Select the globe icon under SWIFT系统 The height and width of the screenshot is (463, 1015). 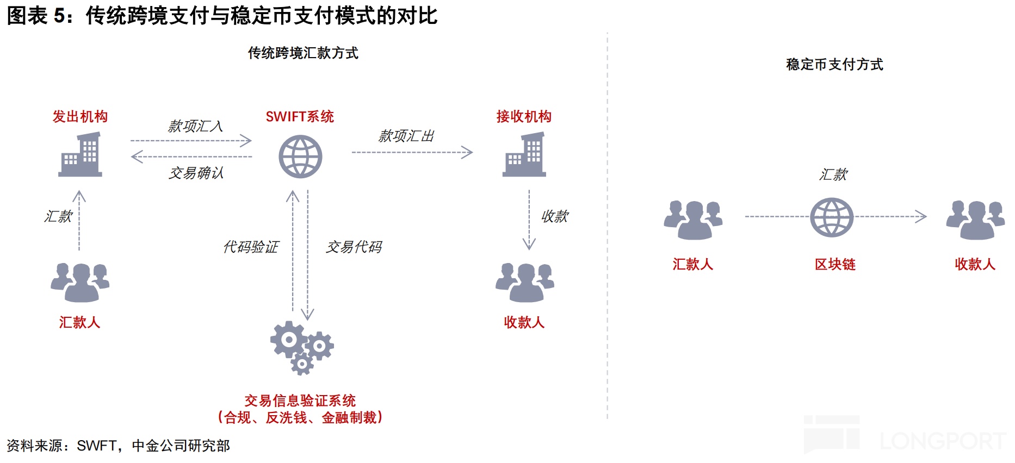coord(300,157)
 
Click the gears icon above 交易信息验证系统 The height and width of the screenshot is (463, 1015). coord(301,347)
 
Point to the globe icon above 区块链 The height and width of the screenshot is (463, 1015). coord(832,217)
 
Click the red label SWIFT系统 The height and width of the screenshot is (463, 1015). coord(300,116)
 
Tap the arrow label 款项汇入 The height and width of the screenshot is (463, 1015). coord(195,126)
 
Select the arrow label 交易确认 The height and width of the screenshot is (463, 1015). coord(196,173)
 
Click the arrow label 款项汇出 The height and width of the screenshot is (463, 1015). coord(406,136)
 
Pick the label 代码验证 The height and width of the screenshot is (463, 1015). coord(251,247)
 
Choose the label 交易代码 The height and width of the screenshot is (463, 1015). coord(354,247)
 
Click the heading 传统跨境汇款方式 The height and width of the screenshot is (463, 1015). coord(303,53)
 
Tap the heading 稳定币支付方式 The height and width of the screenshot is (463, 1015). coord(834,65)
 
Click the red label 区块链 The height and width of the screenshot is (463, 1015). coord(835,265)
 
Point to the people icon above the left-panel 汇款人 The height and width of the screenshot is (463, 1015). coord(80,282)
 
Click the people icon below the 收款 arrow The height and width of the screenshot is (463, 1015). coord(524,282)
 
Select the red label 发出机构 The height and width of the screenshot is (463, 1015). coord(80,116)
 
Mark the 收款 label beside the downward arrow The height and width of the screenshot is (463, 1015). coord(554,216)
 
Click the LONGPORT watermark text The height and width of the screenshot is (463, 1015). coord(943,441)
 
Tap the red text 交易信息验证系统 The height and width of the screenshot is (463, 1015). coord(300,401)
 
